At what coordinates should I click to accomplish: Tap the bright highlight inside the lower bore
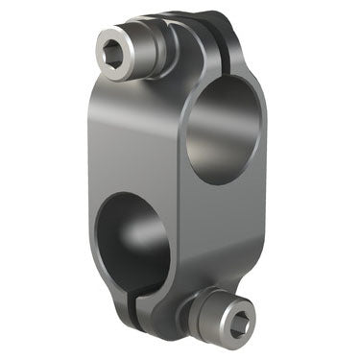(150, 235)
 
